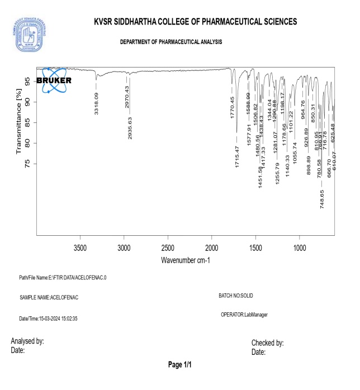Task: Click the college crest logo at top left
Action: point(27,32)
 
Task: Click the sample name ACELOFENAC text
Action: point(49,298)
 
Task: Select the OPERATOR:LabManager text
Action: point(244,315)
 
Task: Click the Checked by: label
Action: point(267,343)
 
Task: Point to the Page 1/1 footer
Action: point(180,365)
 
